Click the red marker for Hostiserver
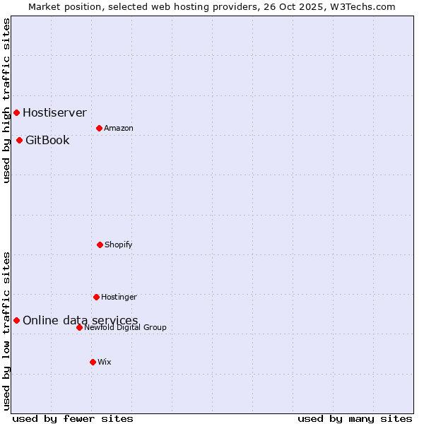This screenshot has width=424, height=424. [x=16, y=112]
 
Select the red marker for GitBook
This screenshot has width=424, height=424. [x=19, y=140]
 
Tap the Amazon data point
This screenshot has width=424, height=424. [x=99, y=128]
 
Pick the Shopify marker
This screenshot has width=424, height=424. [x=100, y=245]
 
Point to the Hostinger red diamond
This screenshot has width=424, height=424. [x=96, y=297]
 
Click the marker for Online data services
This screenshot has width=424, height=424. [x=16, y=320]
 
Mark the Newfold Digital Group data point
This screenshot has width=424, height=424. [x=79, y=327]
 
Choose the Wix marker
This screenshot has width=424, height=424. [x=93, y=362]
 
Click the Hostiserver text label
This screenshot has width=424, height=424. [x=54, y=112]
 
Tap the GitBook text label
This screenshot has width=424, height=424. [x=47, y=140]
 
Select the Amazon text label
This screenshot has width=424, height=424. [x=118, y=128]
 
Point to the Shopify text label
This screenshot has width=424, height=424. [x=118, y=245]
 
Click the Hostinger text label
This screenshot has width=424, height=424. [x=119, y=297]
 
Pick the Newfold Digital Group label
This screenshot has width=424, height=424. [x=125, y=327]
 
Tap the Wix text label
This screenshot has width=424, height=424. [x=104, y=362]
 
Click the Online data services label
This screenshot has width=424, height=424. [x=80, y=320]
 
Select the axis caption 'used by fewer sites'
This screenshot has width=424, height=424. [x=73, y=418]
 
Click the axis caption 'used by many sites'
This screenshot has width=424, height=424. [x=355, y=418]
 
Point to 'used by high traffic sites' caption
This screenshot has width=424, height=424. [x=6, y=100]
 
